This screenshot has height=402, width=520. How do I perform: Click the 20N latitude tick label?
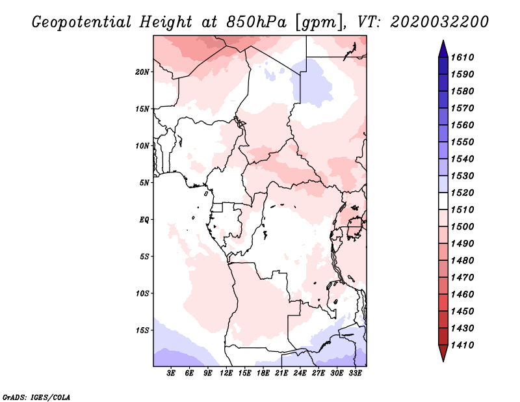coord(142,72)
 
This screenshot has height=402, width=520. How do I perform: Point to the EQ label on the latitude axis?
coord(144,220)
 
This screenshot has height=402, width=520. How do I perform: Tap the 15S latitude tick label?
coord(142,330)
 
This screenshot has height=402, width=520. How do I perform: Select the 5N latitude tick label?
coord(144,183)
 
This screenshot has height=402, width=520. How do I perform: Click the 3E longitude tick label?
coord(171,373)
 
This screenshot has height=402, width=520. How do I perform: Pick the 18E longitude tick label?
coord(263,373)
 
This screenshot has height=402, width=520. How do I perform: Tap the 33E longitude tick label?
coord(355,373)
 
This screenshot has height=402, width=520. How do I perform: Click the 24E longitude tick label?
coord(300,373)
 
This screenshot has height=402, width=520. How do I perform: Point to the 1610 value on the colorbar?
coord(462,57)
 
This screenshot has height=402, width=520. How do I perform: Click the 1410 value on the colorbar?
coord(462,345)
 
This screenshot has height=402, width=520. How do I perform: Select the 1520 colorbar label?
coord(462,193)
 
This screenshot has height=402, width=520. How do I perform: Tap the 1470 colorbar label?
coord(462,277)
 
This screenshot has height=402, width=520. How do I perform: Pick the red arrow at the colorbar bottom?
coord(443,353)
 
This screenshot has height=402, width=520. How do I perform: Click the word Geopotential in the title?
coord(82,22)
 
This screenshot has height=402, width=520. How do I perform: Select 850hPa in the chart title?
coord(256,22)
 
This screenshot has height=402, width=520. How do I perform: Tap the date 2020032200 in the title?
coord(439,22)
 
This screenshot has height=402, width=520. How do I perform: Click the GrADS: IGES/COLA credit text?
coord(36,397)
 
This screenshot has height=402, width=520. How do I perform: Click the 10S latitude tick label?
coord(142,293)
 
